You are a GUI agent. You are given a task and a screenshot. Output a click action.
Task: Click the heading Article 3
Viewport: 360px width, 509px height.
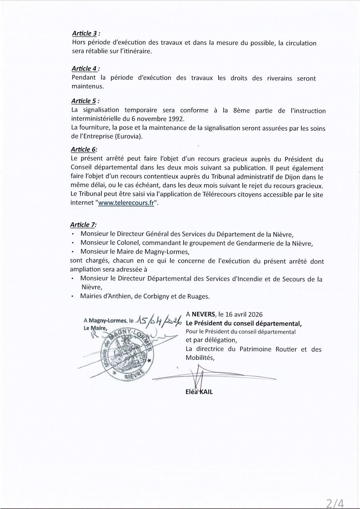[86, 33]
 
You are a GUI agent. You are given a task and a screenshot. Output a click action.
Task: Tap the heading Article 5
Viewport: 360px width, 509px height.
[85, 101]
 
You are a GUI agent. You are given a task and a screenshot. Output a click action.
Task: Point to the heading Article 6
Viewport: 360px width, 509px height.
[84, 150]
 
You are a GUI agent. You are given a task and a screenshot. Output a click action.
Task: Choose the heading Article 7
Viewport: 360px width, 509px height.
[83, 225]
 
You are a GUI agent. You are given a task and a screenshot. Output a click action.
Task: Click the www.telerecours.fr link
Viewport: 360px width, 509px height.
[126, 203]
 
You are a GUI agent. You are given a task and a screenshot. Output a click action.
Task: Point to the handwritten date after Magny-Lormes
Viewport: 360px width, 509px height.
[158, 321]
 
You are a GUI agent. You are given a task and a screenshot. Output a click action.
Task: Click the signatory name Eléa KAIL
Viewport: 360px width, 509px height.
[199, 392]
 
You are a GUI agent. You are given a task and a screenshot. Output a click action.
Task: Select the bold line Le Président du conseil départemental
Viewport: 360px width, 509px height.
[244, 323]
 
